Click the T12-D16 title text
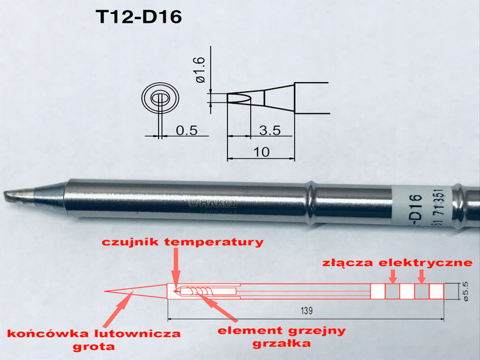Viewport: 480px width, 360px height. [138, 17]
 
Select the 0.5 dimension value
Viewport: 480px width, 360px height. [186, 130]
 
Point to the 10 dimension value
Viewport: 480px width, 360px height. [262, 152]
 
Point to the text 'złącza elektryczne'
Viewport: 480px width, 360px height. [401, 263]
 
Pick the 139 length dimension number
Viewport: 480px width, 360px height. [307, 310]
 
